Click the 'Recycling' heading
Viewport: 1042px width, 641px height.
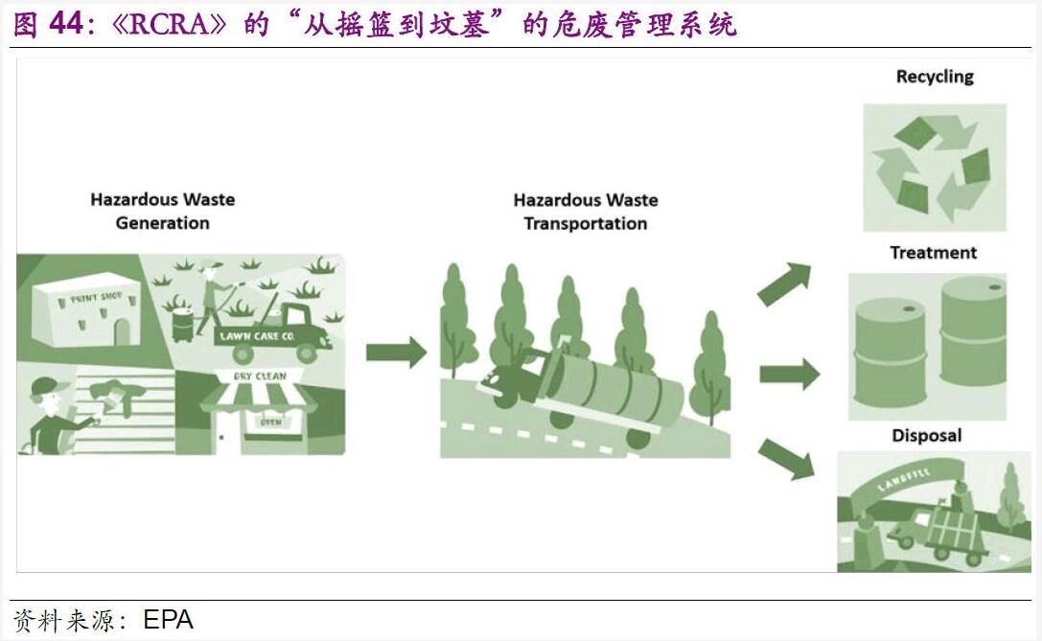click(934, 77)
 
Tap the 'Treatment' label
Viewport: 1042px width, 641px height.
click(933, 253)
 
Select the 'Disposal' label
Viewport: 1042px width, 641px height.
click(926, 436)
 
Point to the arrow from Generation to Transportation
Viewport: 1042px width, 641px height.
click(396, 352)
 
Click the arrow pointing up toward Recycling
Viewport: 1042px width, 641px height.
click(784, 285)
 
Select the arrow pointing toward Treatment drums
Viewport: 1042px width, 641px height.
click(789, 373)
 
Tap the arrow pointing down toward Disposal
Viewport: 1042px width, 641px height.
click(786, 457)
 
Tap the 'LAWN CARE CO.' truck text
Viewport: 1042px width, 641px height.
click(257, 336)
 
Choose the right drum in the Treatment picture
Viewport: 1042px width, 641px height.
click(972, 331)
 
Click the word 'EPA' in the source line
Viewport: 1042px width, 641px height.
click(168, 620)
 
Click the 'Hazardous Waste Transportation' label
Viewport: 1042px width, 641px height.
click(585, 212)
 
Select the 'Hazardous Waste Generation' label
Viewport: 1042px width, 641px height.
click(162, 211)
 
